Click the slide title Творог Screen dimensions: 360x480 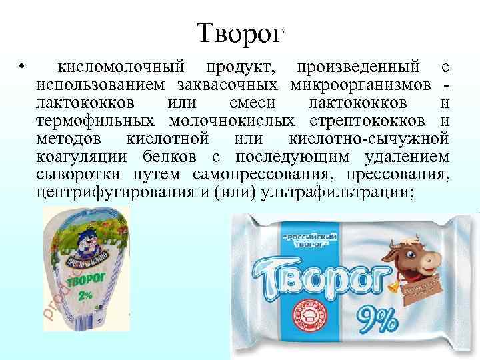[240, 31]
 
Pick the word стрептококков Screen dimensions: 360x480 [370, 121]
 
